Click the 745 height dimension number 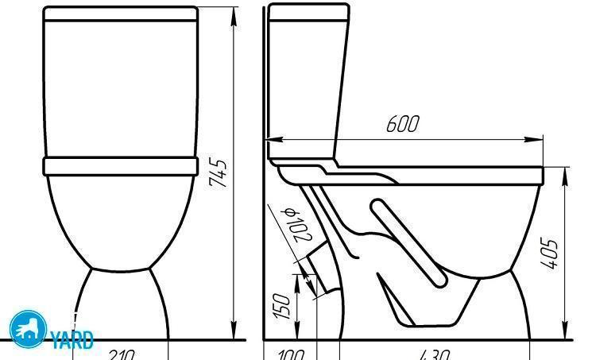[x=218, y=173]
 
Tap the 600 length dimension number [x=402, y=125]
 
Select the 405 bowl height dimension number [x=555, y=253]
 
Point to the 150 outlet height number [x=282, y=306]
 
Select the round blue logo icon [x=27, y=329]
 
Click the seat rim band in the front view [x=120, y=165]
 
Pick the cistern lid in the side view [x=308, y=12]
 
